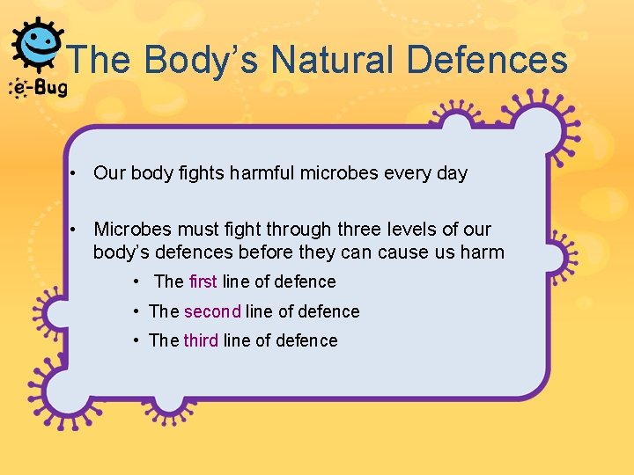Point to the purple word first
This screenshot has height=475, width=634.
point(203,281)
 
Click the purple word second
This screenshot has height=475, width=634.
point(212,311)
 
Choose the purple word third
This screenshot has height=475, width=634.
point(201,340)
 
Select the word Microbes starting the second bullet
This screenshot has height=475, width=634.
point(130,230)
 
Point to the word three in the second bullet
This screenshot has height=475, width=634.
point(359,230)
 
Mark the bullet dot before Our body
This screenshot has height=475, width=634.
point(77,173)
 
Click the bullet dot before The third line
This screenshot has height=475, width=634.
point(136,340)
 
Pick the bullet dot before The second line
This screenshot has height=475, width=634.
point(136,311)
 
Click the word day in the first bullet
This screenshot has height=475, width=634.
point(451,173)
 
